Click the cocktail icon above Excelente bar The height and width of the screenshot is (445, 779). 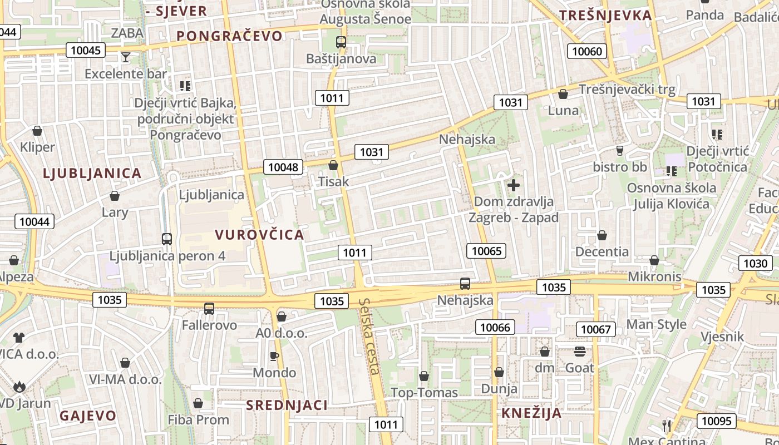point(126,57)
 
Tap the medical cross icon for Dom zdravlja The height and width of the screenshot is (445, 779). point(514,185)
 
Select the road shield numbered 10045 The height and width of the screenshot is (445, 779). point(86,50)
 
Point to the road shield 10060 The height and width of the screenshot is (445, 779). point(587,52)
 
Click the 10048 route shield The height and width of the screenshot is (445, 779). point(283,166)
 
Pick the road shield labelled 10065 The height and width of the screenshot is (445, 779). point(486,251)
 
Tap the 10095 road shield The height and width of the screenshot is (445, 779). point(717,421)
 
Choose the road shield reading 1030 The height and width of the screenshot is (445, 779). point(755,263)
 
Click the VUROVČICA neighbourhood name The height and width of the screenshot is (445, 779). point(259,234)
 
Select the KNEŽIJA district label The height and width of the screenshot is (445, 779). point(531,413)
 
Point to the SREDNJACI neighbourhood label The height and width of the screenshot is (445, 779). point(287,405)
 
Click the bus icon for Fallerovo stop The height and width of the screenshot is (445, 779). point(209,308)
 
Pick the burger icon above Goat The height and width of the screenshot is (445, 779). point(580,352)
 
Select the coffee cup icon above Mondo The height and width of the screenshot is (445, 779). point(274,356)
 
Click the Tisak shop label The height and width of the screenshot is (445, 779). point(333,181)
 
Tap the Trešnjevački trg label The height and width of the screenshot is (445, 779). point(627,89)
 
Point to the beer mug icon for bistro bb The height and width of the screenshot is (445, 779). point(619,150)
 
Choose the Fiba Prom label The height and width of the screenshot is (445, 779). point(199,419)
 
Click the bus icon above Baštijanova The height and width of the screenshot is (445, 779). point(341,42)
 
